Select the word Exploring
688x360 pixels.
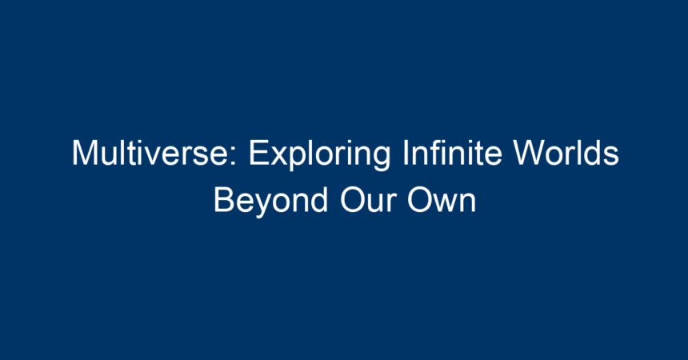319,154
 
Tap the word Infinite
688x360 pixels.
452,152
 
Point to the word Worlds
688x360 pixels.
566,152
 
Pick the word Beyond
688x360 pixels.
270,202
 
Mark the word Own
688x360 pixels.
442,200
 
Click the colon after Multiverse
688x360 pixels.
234,157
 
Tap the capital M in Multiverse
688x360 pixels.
85,153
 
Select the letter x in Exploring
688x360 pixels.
278,157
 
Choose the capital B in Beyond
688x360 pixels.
224,200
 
